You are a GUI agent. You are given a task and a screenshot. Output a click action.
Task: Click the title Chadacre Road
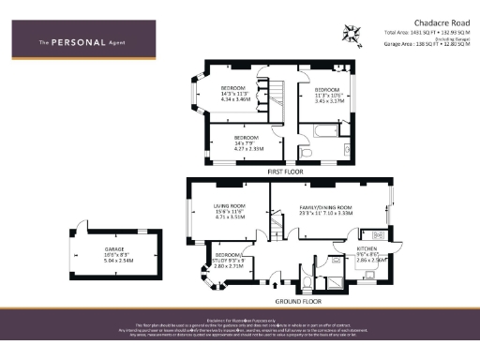pos(415,21)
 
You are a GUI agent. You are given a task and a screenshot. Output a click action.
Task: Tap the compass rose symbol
pos(352,35)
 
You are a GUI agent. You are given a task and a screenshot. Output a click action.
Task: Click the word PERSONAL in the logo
pos(87,41)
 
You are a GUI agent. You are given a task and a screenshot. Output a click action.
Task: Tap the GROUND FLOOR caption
pos(292,302)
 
